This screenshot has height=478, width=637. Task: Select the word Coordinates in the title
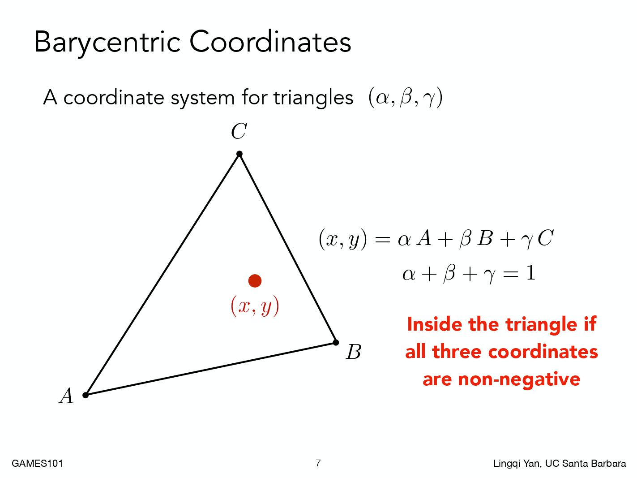[x=270, y=42]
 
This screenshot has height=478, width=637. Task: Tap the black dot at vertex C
[x=239, y=154]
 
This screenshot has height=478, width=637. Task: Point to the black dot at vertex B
[x=336, y=343]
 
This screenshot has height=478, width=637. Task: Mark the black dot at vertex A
[x=86, y=395]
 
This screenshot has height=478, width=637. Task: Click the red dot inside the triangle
[x=255, y=281]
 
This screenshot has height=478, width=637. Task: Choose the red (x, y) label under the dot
[x=255, y=306]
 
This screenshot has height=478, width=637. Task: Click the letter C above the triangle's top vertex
[x=239, y=131]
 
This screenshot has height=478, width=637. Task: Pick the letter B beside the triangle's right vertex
[x=354, y=352]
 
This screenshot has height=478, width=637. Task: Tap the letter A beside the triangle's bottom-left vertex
[x=66, y=396]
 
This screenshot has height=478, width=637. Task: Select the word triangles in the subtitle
[x=313, y=98]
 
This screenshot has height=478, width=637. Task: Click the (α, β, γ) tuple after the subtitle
[x=406, y=98]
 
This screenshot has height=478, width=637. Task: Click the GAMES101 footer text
[x=37, y=464]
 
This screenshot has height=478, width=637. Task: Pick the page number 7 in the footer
[x=318, y=463]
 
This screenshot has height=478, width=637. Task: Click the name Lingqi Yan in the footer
[x=517, y=464]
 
